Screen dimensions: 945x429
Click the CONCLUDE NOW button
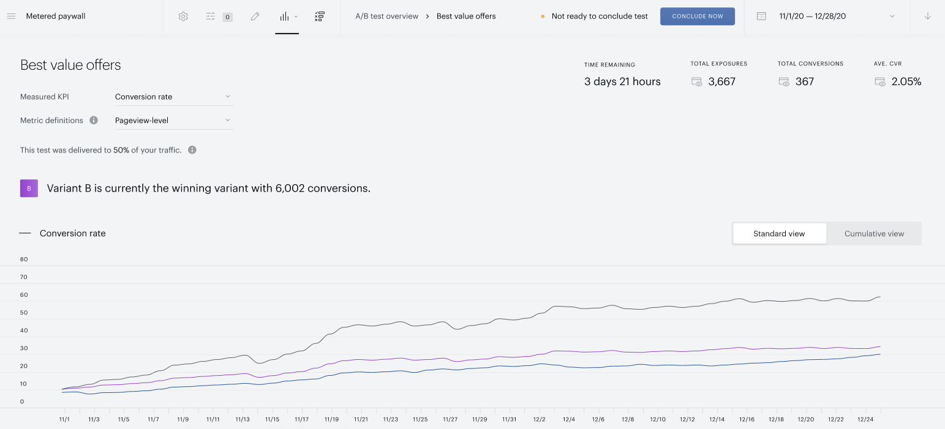(698, 16)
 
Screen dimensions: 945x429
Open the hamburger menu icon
(12, 16)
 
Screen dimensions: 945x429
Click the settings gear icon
(183, 17)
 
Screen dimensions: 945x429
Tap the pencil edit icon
(255, 17)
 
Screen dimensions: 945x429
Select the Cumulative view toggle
(874, 233)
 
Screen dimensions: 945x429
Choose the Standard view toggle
(779, 233)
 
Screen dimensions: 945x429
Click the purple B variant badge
(29, 188)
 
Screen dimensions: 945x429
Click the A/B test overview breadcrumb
(387, 16)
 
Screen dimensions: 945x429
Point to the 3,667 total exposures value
(722, 81)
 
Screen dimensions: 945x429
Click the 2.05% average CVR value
(906, 81)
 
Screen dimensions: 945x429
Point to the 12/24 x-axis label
(865, 419)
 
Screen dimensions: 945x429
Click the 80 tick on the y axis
(24, 259)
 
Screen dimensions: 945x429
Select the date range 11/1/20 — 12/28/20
(813, 16)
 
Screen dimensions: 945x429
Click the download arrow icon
(928, 16)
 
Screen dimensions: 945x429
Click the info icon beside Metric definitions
(94, 120)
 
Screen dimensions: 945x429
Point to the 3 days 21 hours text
(622, 81)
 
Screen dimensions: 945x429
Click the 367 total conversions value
(805, 81)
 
